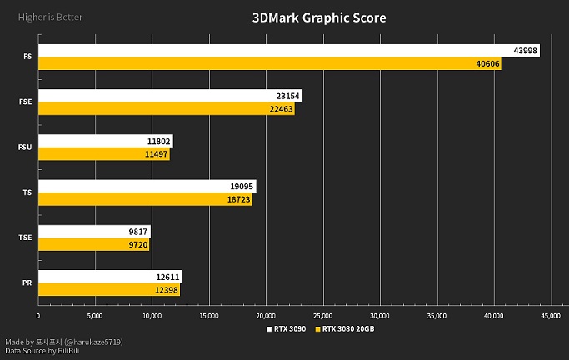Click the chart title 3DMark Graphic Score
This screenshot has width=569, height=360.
click(x=319, y=17)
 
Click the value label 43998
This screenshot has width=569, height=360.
click(x=525, y=51)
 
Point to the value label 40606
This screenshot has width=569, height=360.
click(x=487, y=64)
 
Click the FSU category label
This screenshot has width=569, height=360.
click(x=25, y=147)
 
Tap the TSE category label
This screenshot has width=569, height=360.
click(x=25, y=237)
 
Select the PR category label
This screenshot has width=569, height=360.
click(x=27, y=282)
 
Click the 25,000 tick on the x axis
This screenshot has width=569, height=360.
click(x=323, y=316)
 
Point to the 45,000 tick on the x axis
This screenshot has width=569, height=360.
click(x=551, y=316)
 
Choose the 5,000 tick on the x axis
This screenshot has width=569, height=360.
click(x=95, y=316)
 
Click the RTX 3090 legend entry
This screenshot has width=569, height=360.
click(x=286, y=328)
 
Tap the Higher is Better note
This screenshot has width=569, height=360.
click(x=44, y=17)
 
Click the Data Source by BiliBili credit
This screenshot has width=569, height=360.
click(x=42, y=351)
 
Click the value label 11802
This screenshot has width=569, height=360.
click(x=157, y=141)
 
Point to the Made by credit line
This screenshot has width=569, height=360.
click(x=64, y=342)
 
